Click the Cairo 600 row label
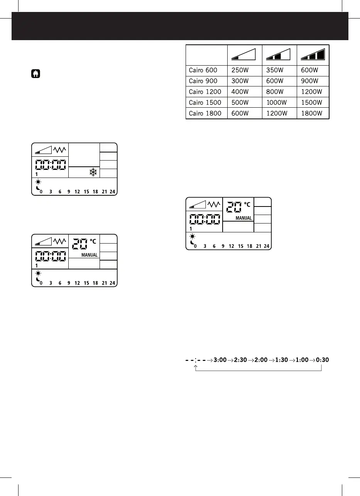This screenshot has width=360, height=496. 203,70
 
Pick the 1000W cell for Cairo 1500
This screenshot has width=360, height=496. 277,103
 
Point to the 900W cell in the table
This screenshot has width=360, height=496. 310,81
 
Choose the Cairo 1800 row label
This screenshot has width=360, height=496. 205,113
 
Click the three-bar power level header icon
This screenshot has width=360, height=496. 313,54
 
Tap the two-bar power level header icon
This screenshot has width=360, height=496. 279,54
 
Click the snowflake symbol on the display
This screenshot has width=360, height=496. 93,173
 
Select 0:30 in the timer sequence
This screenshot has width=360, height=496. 323,360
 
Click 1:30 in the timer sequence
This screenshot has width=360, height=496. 282,360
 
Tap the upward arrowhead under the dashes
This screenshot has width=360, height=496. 196,367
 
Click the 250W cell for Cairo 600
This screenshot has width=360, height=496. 240,70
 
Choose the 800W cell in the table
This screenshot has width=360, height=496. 276,92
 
